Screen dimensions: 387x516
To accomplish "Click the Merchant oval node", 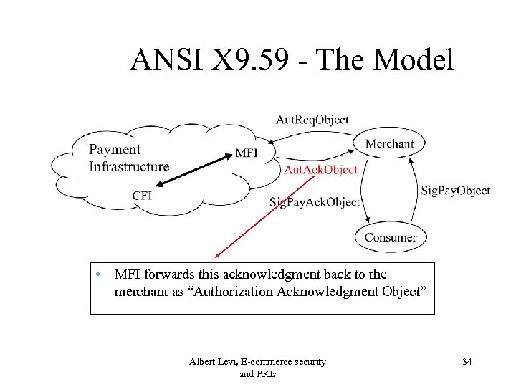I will click(x=389, y=143).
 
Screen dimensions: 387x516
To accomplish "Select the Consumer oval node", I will click(x=390, y=237).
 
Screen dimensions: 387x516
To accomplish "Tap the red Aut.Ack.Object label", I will click(x=320, y=170).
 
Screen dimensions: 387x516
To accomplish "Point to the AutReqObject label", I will click(x=312, y=120).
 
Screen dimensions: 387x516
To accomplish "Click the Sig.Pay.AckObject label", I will click(x=315, y=202).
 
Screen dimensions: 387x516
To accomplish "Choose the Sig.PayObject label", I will click(x=455, y=190).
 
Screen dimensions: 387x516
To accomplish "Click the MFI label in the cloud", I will click(x=246, y=153).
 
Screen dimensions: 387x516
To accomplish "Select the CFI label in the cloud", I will click(x=142, y=196).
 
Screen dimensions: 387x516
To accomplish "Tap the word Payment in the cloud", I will click(x=115, y=150).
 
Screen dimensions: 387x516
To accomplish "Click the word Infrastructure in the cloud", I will click(x=129, y=167).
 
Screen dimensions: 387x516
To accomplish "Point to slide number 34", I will click(x=467, y=362).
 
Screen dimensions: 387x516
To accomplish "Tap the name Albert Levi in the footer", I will click(x=213, y=362).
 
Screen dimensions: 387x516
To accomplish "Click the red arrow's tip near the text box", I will click(x=216, y=255).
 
